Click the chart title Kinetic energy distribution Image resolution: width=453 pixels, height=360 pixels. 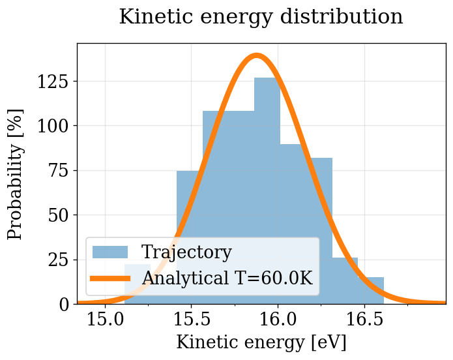[261, 17]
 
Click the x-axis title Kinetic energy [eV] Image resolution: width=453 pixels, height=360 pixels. [261, 342]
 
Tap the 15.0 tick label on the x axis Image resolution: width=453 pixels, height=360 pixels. [106, 320]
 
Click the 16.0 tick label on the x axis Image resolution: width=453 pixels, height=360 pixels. [278, 320]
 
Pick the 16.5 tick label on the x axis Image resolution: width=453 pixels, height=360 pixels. [364, 320]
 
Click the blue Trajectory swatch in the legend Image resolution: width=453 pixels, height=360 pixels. [110, 252]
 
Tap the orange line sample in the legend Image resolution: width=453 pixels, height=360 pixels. [110, 278]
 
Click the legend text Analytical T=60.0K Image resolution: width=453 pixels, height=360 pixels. [227, 278]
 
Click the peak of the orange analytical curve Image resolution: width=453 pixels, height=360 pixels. [257, 55]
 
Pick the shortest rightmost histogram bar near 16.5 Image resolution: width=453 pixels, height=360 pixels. [371, 291]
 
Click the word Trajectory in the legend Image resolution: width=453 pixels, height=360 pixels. [186, 252]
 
